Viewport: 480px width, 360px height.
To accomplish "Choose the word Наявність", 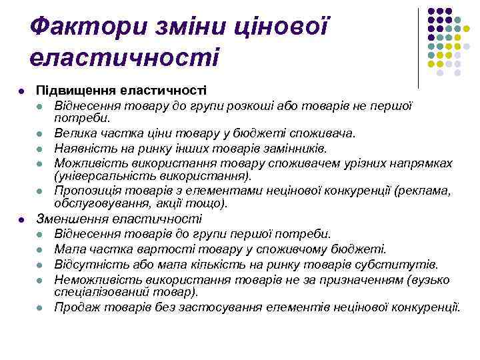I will [81, 148].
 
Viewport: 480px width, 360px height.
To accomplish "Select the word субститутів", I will [407, 265].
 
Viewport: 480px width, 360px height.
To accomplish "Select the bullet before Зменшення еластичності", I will [23, 219].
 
